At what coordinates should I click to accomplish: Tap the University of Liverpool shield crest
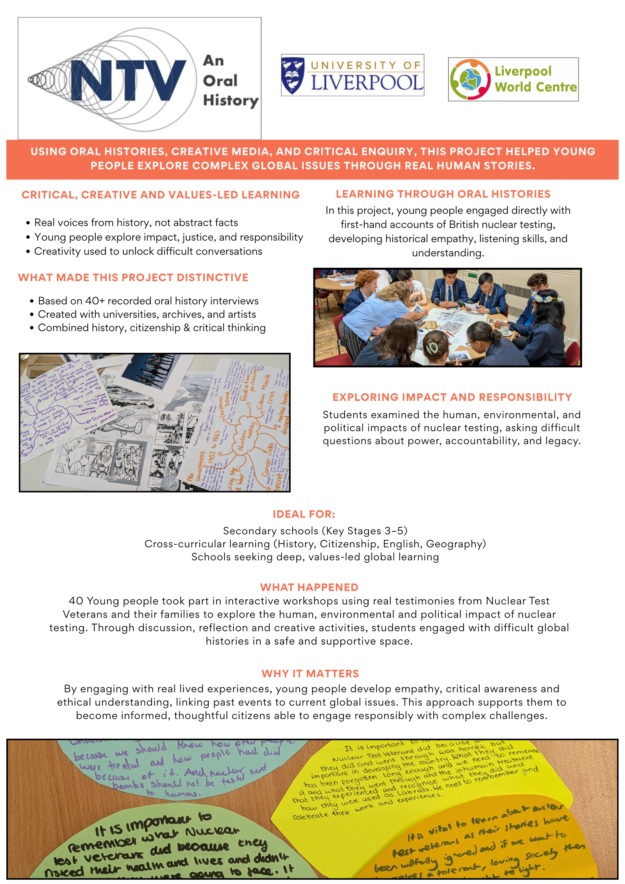click(x=293, y=75)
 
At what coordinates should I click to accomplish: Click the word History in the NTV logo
click(x=231, y=101)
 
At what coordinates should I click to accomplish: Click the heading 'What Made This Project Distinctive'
click(x=133, y=278)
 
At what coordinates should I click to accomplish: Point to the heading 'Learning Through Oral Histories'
click(x=443, y=194)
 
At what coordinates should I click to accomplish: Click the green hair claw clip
click(x=432, y=347)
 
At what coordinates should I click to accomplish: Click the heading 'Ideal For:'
click(x=304, y=514)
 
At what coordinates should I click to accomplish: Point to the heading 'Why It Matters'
click(x=310, y=674)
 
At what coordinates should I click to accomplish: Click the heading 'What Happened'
click(x=309, y=587)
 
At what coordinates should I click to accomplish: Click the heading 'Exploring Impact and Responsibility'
click(x=452, y=397)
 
